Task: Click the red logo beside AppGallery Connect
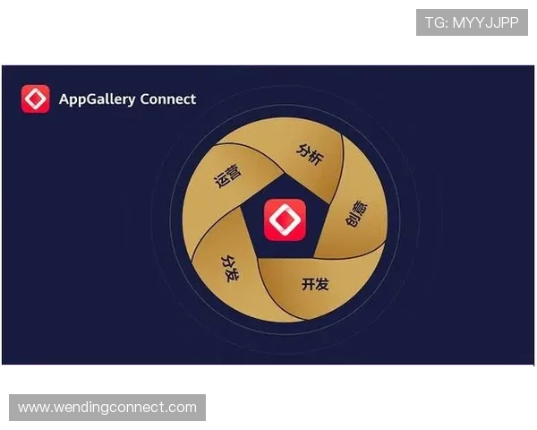tap(36, 99)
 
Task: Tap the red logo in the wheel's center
tap(285, 220)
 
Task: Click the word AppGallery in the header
tap(96, 99)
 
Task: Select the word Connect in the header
tap(167, 99)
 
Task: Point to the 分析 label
tap(309, 151)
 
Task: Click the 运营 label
tap(228, 177)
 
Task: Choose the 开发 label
tap(315, 284)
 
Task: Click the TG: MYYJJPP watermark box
tap(472, 22)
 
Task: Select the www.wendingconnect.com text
tap(107, 408)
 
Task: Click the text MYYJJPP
tap(485, 22)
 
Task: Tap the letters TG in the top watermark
tap(435, 22)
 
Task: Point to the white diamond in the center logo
tap(285, 220)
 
